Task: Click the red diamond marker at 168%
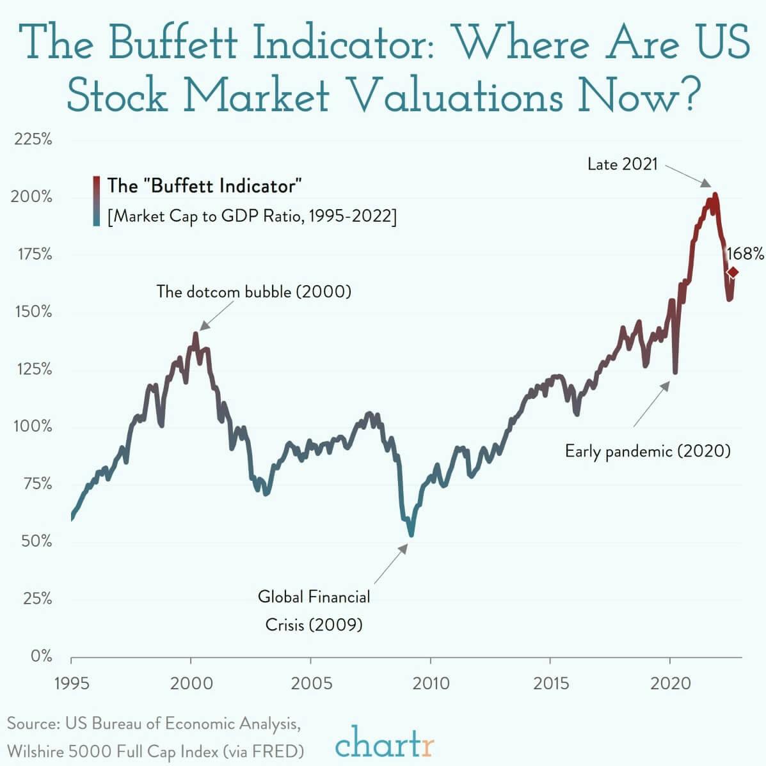[733, 272]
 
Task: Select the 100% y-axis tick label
[33, 426]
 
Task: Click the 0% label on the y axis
[41, 656]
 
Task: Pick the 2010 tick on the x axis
[431, 683]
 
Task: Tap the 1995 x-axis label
[71, 683]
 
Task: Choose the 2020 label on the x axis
[670, 683]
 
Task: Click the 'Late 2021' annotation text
[622, 164]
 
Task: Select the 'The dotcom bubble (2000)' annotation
[254, 292]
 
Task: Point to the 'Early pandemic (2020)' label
[648, 451]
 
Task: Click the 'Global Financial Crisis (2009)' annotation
[314, 610]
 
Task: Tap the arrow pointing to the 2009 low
[391, 563]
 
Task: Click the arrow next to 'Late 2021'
[688, 175]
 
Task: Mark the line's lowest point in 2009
[411, 535]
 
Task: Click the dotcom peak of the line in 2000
[196, 334]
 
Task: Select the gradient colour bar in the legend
[96, 201]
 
